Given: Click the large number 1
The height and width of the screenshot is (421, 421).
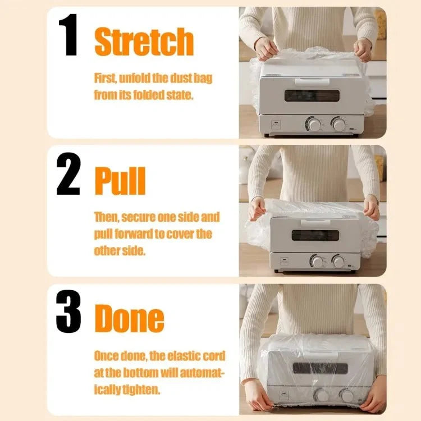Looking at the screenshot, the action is point(68,35).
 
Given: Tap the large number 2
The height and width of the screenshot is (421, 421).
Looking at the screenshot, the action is point(68,173).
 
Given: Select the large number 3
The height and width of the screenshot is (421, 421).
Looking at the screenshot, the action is point(68,311).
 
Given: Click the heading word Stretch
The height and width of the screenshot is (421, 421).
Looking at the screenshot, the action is point(144,42).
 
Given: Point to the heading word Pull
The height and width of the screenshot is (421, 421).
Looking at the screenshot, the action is point(120,180).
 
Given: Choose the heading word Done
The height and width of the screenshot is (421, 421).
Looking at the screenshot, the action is point(130,319).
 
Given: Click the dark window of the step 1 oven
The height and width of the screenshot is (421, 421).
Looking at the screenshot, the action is point(312,95).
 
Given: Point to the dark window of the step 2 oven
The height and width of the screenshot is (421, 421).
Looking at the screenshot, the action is point(315,235).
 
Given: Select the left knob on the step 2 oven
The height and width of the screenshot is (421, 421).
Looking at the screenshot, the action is point(317,261).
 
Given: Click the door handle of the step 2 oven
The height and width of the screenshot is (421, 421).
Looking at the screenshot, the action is point(315,222).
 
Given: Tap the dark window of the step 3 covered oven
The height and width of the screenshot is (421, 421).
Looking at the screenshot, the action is point(320,368).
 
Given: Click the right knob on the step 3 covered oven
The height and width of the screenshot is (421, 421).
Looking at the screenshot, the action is point(347,395).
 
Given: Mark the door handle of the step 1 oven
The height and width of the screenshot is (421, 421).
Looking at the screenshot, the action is point(312,81).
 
